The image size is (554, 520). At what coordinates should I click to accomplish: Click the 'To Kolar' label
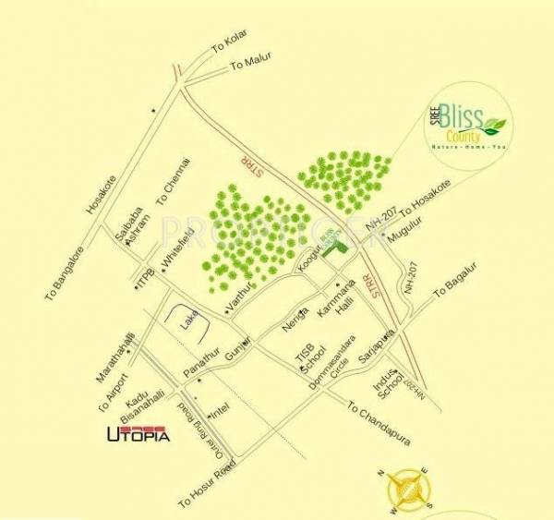pos(231,43)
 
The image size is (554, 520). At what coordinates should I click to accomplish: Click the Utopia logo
pos(139,433)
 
